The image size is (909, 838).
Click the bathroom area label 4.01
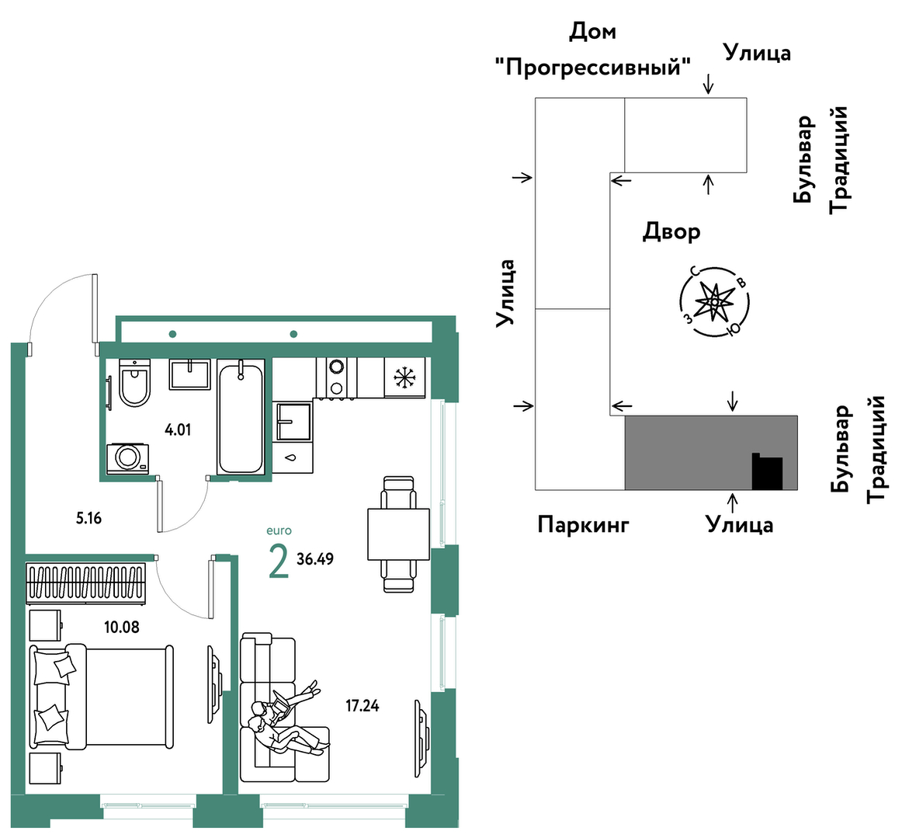point(178,429)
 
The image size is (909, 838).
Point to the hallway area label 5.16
point(89,518)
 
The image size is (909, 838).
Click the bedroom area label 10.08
point(122,626)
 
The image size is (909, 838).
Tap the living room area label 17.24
point(363,706)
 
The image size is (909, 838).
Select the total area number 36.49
point(315,558)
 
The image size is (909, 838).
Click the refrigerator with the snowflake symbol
point(404,377)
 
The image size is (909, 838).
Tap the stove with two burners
point(337,377)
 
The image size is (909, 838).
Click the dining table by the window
point(398,534)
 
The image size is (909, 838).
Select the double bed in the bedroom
point(101,696)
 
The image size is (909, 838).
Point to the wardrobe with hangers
point(87,582)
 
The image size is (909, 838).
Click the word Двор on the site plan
point(671,231)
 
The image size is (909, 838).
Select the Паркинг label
point(584,524)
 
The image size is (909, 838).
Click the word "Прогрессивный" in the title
point(593,68)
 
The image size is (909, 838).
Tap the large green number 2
point(278,562)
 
